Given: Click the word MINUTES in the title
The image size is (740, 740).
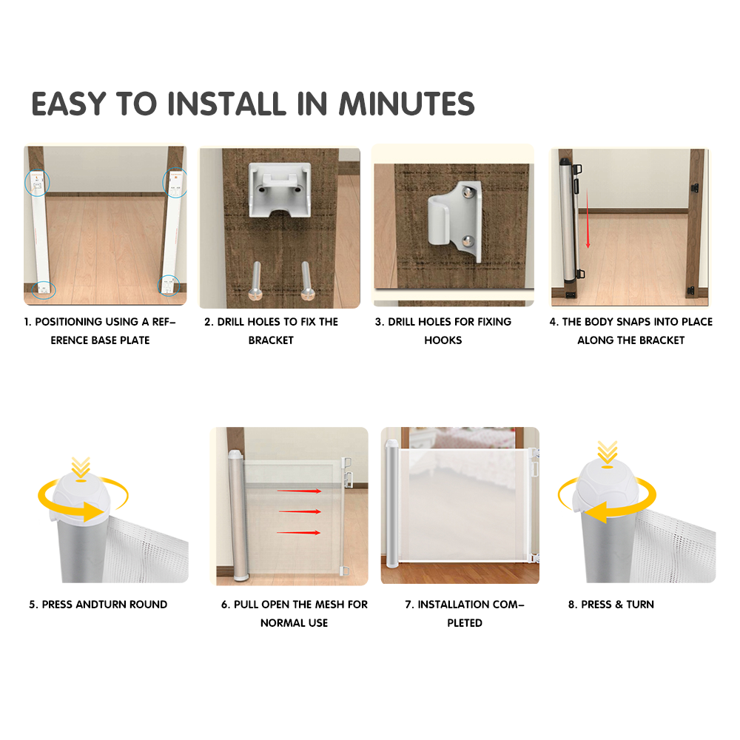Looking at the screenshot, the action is tap(407, 104).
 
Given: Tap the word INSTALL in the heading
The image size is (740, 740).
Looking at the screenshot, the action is tap(226, 104).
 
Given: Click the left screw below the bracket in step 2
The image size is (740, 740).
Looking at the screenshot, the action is tap(256, 281).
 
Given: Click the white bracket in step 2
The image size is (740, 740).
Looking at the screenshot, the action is tap(280, 189).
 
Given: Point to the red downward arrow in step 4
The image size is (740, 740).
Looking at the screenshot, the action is tap(588, 218).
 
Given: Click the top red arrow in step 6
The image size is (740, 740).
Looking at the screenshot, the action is tap(299, 491).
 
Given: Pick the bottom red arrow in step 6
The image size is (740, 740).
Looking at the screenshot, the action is tap(298, 533).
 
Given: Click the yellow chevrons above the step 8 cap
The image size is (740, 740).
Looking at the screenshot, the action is tap(608, 452).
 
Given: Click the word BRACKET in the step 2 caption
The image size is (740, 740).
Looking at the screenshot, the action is tap(271, 340).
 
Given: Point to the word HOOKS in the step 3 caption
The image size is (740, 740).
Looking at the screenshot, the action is tap(443, 340).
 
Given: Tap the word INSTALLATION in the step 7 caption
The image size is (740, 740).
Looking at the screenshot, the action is tap(453, 605).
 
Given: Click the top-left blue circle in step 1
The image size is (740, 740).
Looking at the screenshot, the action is tap(37, 183).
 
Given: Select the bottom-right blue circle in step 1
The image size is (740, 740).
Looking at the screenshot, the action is tap(169, 286).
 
